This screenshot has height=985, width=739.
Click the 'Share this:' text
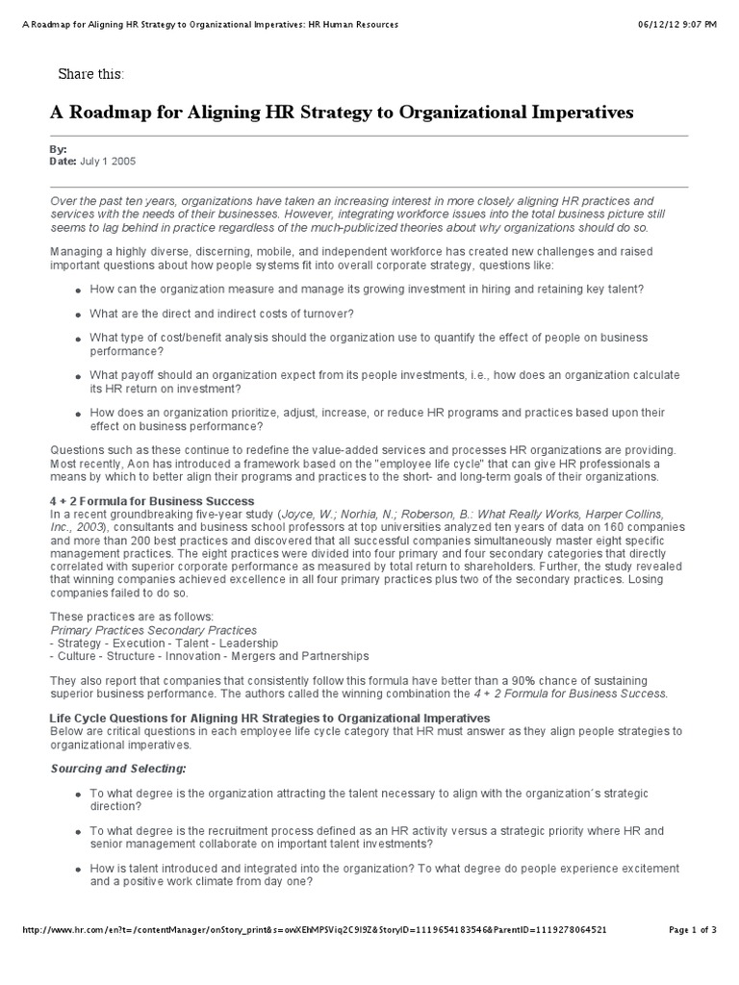[x=91, y=74]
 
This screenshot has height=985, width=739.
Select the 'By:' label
[x=58, y=150]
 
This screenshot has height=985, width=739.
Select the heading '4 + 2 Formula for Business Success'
[x=151, y=501]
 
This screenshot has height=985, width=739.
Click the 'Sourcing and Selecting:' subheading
[x=117, y=769]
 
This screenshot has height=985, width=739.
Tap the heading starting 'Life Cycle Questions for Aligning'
[x=269, y=719]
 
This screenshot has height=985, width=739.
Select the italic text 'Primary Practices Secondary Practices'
[x=153, y=630]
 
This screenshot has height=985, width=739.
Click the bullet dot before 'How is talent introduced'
[x=77, y=870]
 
